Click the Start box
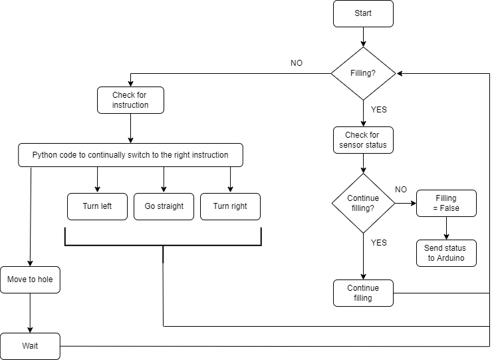363,13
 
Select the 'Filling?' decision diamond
363,73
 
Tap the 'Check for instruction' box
130,100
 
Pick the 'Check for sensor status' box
363,140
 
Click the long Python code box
130,155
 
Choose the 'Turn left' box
97,206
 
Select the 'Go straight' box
164,206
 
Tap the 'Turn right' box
230,206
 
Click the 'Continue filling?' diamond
363,203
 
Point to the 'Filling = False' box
446,203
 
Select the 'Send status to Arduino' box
446,253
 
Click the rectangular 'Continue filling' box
363,293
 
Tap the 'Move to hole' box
30,279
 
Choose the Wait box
30,346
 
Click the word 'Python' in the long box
45,155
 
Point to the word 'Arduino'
451,258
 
